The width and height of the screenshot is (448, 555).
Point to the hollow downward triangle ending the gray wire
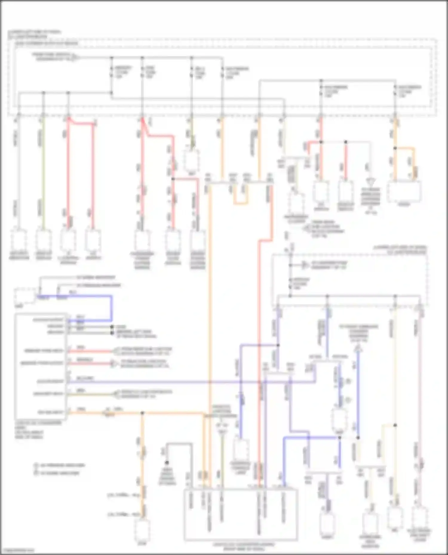pos(371,182)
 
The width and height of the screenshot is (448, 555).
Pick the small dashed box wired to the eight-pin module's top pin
pos(25,296)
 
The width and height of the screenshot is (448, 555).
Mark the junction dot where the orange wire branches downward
pos(142,413)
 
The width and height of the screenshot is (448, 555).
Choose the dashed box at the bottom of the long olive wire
pos(44,240)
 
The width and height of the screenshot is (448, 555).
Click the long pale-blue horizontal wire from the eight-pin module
pos(191,381)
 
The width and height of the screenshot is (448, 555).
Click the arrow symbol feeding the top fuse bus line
pos(76,57)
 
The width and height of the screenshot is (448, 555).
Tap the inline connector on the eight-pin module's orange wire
pos(107,413)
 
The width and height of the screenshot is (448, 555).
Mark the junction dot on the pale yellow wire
pos(395,425)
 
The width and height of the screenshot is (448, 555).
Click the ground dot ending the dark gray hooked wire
pos(167,463)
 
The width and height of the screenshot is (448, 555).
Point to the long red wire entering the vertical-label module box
pos(259,358)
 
